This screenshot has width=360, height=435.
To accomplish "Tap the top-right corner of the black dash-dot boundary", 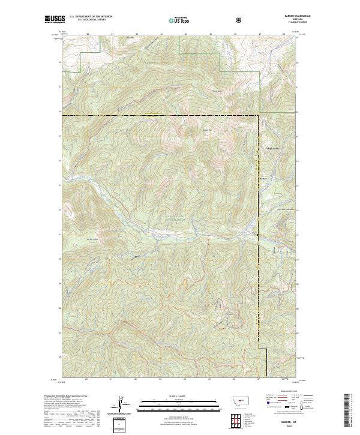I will point(259,115).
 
